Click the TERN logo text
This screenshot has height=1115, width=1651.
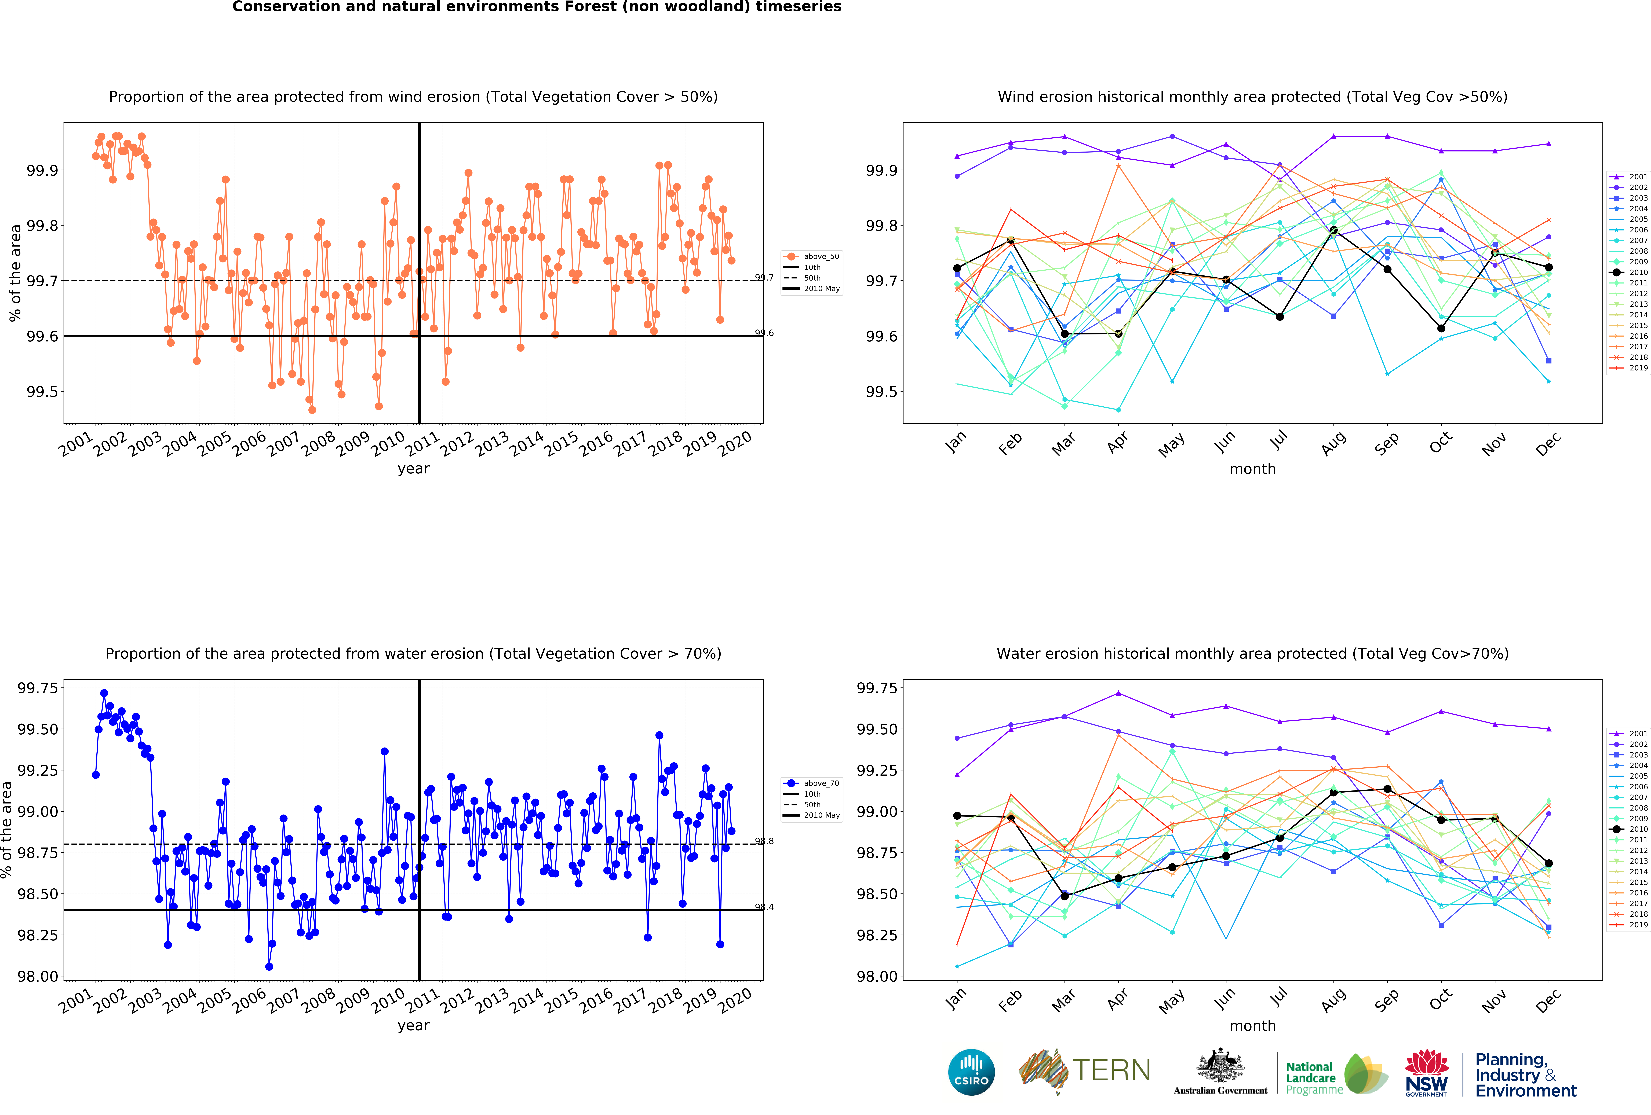pos(1112,1070)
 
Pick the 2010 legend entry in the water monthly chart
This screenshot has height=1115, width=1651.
pos(1632,829)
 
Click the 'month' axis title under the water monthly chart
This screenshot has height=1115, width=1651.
pos(1252,1025)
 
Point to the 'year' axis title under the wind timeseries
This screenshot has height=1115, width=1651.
pos(413,469)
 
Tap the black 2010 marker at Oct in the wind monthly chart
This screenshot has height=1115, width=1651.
pos(1441,328)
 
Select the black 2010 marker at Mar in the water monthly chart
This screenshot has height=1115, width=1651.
pos(1064,896)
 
